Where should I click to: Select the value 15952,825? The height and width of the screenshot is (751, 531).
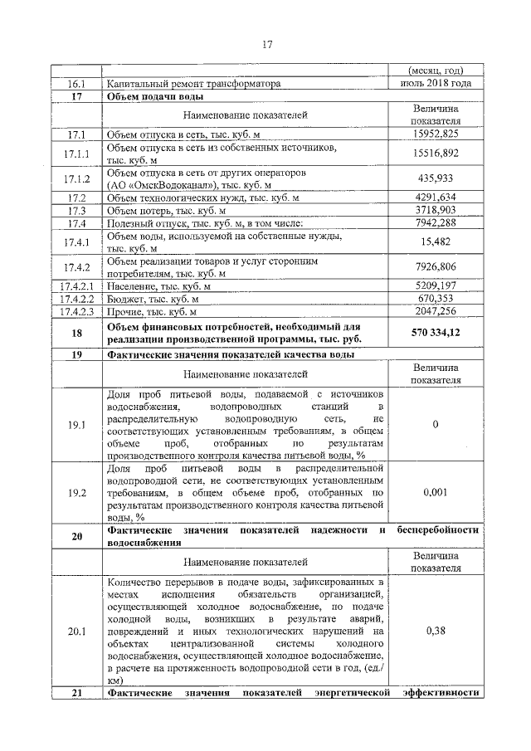click(x=436, y=134)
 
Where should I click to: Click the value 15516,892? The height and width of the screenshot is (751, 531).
click(x=436, y=154)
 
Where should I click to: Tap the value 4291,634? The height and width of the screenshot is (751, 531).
click(x=436, y=198)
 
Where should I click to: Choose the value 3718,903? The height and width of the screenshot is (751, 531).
click(x=436, y=210)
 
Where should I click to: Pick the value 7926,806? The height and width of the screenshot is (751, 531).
click(x=436, y=267)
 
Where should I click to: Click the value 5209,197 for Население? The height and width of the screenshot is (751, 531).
click(x=436, y=286)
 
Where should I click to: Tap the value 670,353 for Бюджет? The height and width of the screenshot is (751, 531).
click(x=436, y=299)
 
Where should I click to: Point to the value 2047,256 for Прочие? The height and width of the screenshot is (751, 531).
click(x=436, y=311)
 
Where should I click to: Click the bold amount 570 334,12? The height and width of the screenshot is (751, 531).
click(x=436, y=333)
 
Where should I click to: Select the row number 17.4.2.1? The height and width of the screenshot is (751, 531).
click(x=76, y=286)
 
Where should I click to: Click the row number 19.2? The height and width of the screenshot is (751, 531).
click(x=76, y=492)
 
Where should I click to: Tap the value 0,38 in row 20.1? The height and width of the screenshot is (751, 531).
click(x=436, y=632)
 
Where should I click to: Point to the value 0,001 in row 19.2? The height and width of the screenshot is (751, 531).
click(x=436, y=492)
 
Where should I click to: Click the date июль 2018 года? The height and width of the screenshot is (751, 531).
click(x=436, y=83)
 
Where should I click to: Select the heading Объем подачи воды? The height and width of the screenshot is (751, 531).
click(x=150, y=96)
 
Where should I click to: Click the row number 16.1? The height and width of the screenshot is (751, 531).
click(x=76, y=84)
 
